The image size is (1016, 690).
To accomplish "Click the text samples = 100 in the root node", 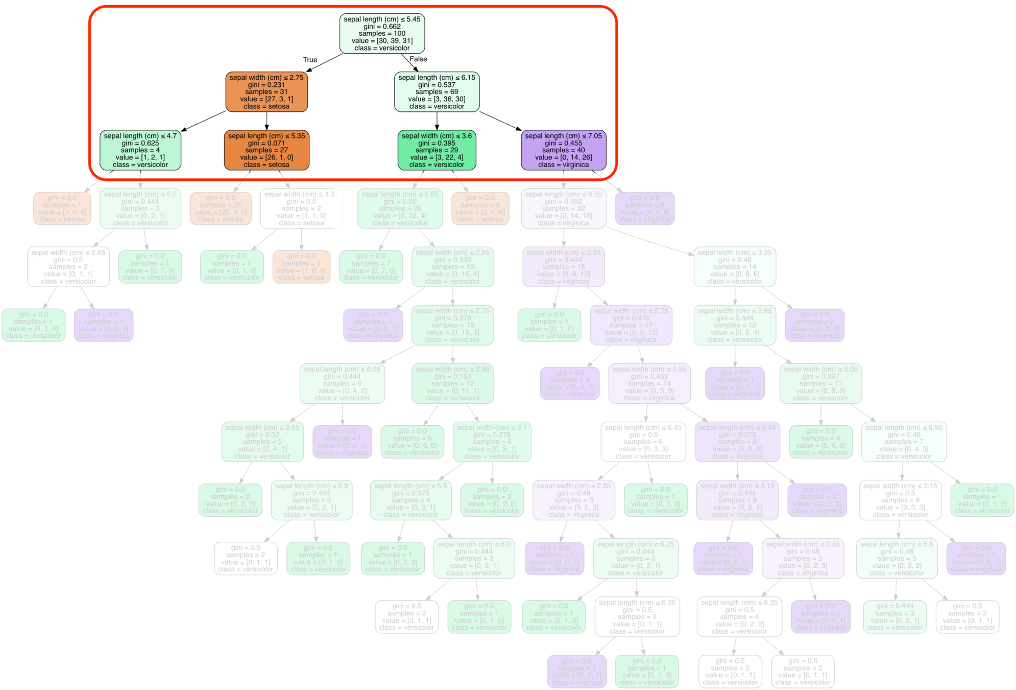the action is point(382,34).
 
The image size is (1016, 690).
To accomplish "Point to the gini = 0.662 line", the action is point(382,27).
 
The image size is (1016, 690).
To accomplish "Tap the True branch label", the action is point(310,60).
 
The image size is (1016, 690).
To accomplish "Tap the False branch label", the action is point(418,59).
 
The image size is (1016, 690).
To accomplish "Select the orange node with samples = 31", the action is point(267,92).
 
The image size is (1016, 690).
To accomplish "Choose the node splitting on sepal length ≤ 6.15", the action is point(437,92).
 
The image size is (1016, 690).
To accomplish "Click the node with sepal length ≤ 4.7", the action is point(140,150).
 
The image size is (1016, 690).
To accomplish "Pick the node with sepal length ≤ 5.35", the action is point(267,150).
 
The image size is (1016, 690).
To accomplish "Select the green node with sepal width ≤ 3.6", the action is point(437,150).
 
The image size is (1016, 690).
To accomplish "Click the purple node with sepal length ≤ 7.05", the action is point(564,150).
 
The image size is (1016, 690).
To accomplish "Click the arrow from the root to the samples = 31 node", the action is point(325,62).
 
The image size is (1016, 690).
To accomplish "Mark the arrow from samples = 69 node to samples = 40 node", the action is point(500,121).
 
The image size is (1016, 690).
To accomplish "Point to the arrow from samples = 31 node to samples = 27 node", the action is point(267,121).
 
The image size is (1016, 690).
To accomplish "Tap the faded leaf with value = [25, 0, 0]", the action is point(221,209).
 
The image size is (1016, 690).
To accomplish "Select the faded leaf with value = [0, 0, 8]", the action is point(645,209).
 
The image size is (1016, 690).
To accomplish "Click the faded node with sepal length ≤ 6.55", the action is point(564,209).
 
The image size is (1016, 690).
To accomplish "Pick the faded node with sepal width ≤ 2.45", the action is point(68,267).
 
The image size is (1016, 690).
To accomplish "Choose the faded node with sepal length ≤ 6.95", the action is point(904,442).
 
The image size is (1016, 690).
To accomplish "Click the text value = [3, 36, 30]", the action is point(437,99).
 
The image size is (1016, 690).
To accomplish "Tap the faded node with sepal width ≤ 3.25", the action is point(735,267).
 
